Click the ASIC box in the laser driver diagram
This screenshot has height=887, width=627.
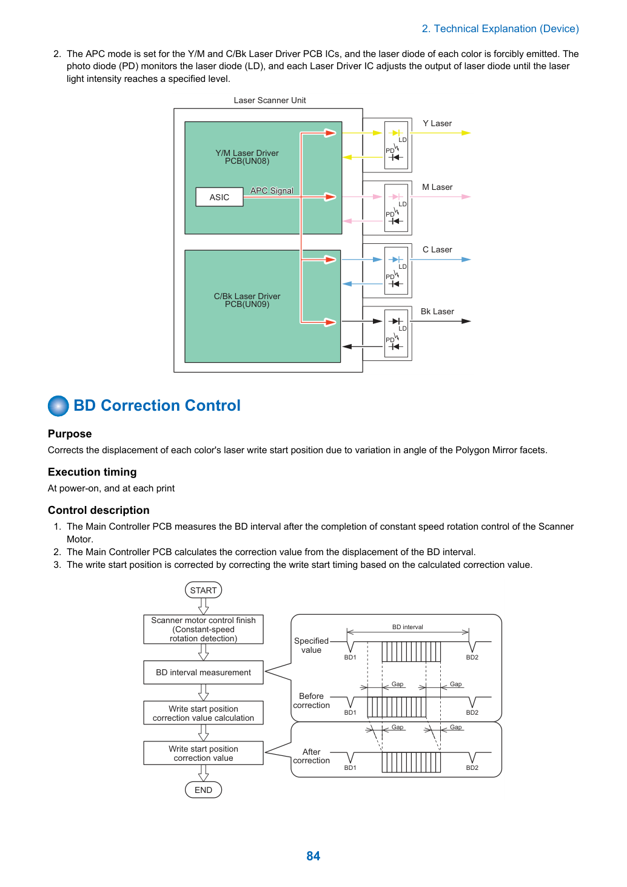point(220,197)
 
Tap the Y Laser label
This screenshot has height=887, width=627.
point(437,124)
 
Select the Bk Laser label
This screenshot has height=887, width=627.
point(437,312)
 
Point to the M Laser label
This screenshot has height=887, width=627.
point(437,187)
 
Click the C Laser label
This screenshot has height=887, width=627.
point(437,249)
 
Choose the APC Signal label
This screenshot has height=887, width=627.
point(272,191)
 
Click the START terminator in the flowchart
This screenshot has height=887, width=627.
point(204,590)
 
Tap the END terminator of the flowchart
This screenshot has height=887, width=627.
point(204,790)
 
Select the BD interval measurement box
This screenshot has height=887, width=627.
point(204,672)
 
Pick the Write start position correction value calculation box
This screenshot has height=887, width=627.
point(204,713)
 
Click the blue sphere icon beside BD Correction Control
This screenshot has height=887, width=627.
point(58,406)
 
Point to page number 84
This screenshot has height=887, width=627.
point(313,856)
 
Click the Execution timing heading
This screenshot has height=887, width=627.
point(92,472)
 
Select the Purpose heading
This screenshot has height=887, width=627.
point(70,434)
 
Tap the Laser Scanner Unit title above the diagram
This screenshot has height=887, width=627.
point(270,100)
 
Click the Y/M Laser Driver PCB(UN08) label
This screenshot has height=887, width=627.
point(247,157)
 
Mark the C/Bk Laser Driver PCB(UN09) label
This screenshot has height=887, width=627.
point(247,300)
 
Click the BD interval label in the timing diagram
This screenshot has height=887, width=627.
point(407,627)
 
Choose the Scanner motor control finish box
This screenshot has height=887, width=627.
point(204,629)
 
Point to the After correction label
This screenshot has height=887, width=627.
point(311,756)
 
